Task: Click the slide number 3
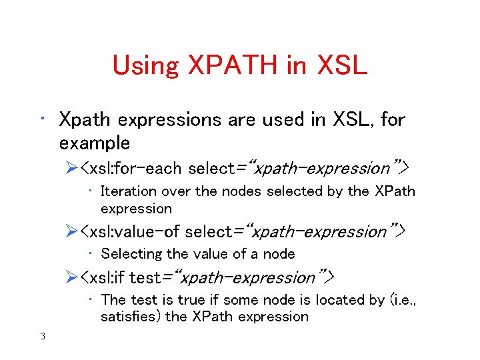click(x=43, y=336)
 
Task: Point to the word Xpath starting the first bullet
click(x=83, y=121)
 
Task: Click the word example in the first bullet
click(x=95, y=143)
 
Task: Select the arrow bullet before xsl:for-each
click(x=71, y=168)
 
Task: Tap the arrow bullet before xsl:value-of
click(x=71, y=232)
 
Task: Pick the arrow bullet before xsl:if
click(x=71, y=277)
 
